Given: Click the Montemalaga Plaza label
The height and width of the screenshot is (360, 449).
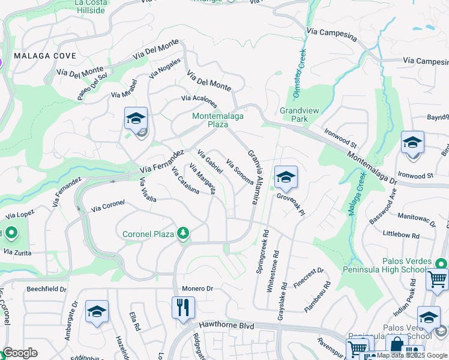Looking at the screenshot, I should click(x=218, y=120).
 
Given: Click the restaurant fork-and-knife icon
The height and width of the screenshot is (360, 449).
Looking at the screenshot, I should click(x=183, y=308).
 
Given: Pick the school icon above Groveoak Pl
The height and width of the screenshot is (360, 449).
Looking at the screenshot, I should click(x=286, y=178).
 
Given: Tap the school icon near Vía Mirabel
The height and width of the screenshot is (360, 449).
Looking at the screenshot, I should click(x=136, y=119).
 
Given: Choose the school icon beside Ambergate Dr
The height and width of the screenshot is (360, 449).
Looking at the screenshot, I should click(x=97, y=312).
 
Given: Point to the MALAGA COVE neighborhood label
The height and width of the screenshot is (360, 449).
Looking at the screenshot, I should click(x=45, y=56).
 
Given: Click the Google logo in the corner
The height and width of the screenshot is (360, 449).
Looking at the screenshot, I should click(x=20, y=352).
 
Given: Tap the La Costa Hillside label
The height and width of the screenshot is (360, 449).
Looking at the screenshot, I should click(x=92, y=7).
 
